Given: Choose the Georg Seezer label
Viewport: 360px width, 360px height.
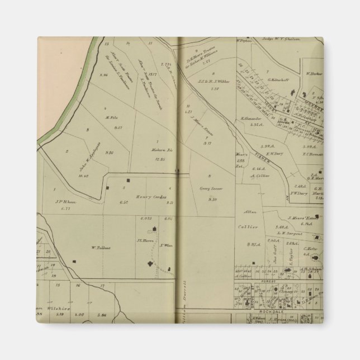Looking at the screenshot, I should (x=210, y=189).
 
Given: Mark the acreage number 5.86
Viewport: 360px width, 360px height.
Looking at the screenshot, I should (x=101, y=315).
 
